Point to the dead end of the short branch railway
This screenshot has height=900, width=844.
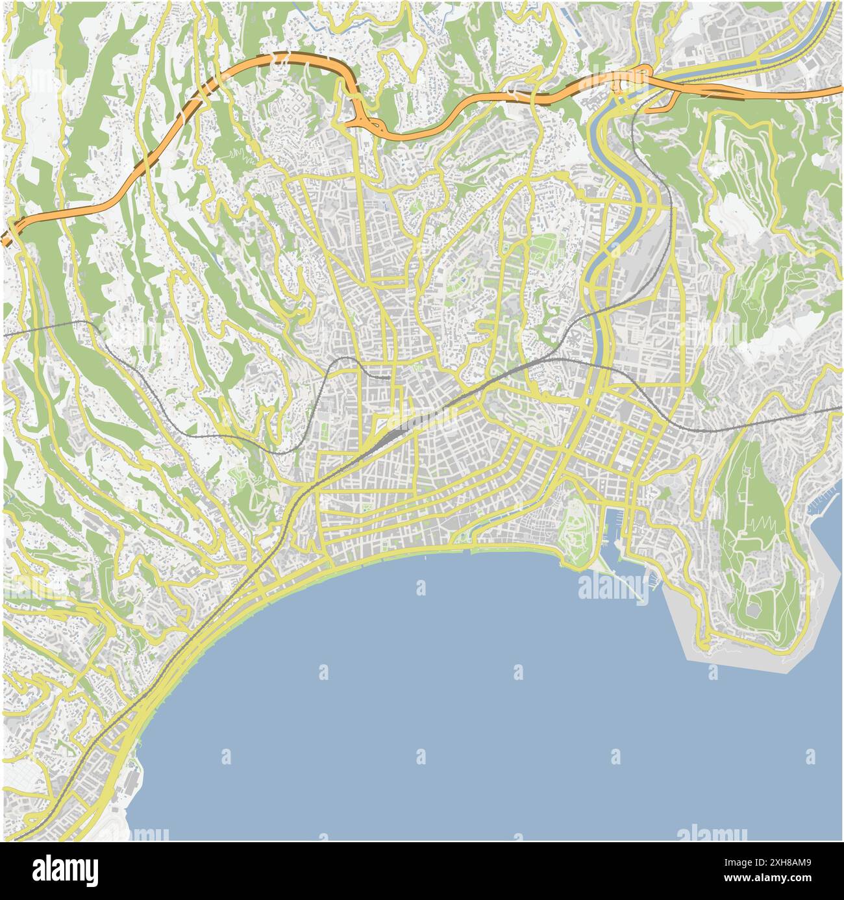tap(390, 377)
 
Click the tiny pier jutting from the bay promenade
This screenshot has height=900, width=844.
tap(424, 557)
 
